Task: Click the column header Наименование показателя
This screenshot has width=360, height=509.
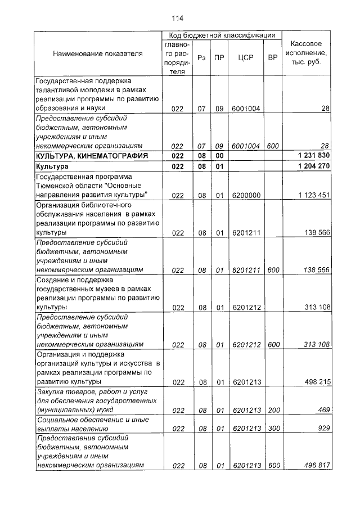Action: (x=98, y=53)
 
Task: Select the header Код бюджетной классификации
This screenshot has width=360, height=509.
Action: (x=222, y=35)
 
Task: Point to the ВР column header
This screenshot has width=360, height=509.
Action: (x=273, y=57)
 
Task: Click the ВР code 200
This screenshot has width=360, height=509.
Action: (x=273, y=411)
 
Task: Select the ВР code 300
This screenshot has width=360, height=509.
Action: (x=273, y=429)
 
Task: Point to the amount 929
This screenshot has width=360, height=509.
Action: (x=323, y=429)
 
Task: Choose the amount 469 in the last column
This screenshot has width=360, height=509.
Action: (x=323, y=411)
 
